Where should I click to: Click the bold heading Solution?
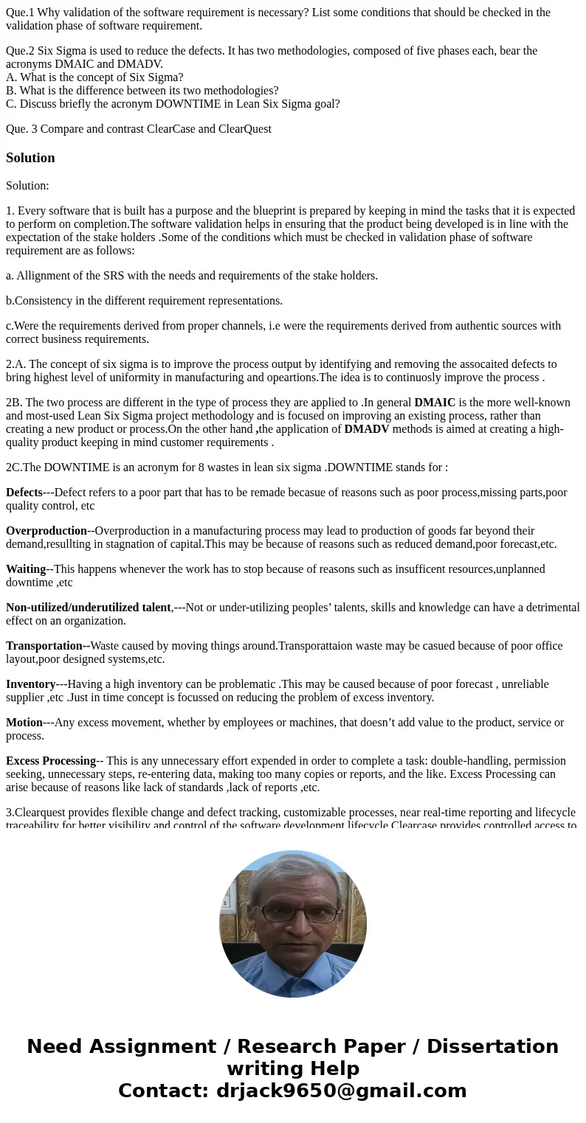coord(30,158)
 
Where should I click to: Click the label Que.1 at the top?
coord(19,13)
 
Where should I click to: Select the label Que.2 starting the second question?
coord(19,51)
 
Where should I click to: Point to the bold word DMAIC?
coord(435,403)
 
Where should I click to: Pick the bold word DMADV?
coord(366,429)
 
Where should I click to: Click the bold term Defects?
coord(24,493)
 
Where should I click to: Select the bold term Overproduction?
coord(46,531)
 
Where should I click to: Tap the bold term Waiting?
coord(26,569)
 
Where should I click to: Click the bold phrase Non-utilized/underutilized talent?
coord(89,608)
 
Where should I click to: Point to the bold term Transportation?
coord(44,646)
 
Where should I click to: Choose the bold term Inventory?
coord(31,684)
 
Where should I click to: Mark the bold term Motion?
coord(24,723)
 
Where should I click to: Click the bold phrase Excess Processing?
coord(51,761)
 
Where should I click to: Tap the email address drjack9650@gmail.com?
coord(341,1091)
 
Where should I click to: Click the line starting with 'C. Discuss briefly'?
coord(173,104)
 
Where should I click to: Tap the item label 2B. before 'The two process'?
coord(14,403)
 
